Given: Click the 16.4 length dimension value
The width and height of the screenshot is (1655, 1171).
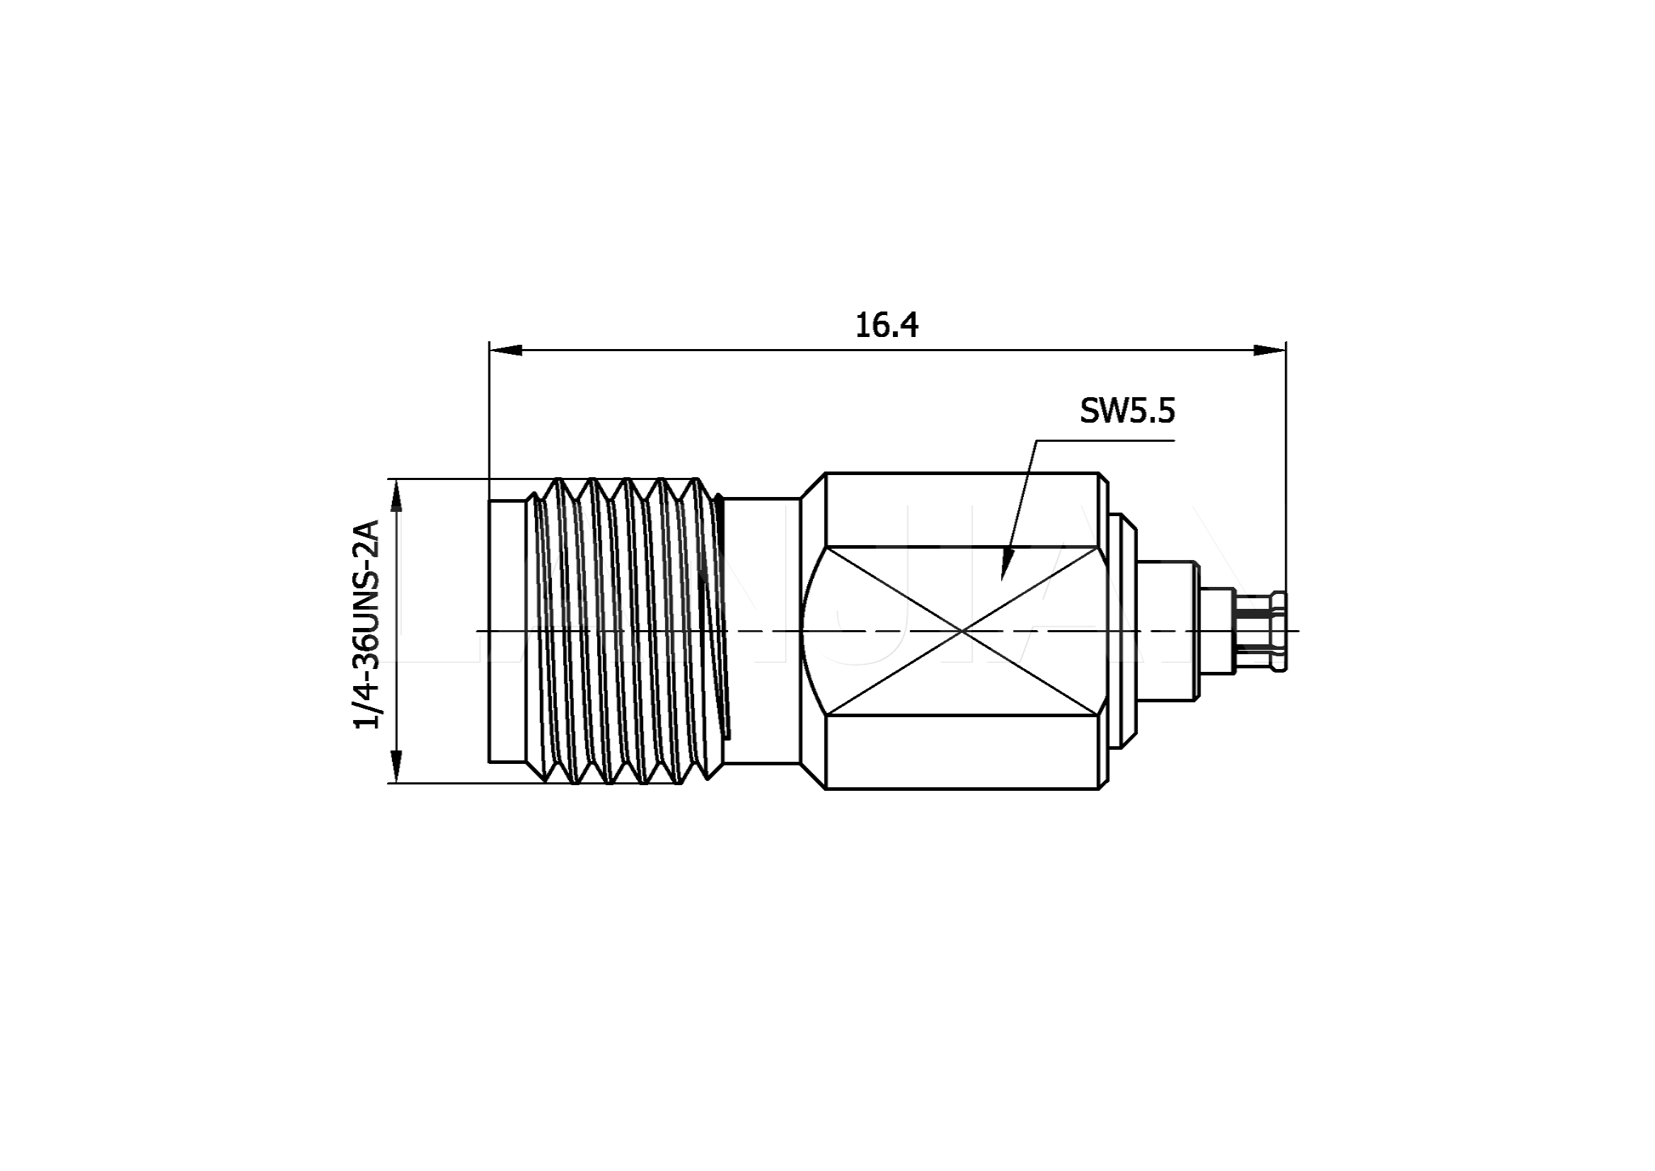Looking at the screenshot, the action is pos(887,325).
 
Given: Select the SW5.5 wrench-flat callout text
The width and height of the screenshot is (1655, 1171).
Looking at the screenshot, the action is pos(1127,411).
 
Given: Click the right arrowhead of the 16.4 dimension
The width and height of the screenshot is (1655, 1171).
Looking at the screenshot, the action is pos(1269,350).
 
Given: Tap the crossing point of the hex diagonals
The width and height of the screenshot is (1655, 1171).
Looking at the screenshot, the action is pos(962,631).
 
